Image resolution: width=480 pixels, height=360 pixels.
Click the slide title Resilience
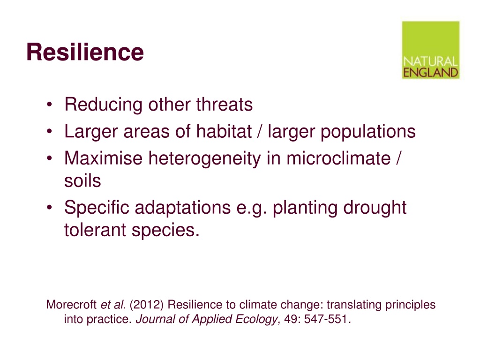click(85, 52)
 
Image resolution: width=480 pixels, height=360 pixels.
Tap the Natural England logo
click(431, 50)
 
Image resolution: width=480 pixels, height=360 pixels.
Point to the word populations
click(368, 132)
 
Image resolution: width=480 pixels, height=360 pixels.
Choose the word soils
click(82, 180)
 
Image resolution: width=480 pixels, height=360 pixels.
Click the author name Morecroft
click(72, 305)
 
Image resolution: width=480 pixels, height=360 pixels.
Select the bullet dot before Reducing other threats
click(50, 105)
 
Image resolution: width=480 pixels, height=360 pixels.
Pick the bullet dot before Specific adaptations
click(50, 207)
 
